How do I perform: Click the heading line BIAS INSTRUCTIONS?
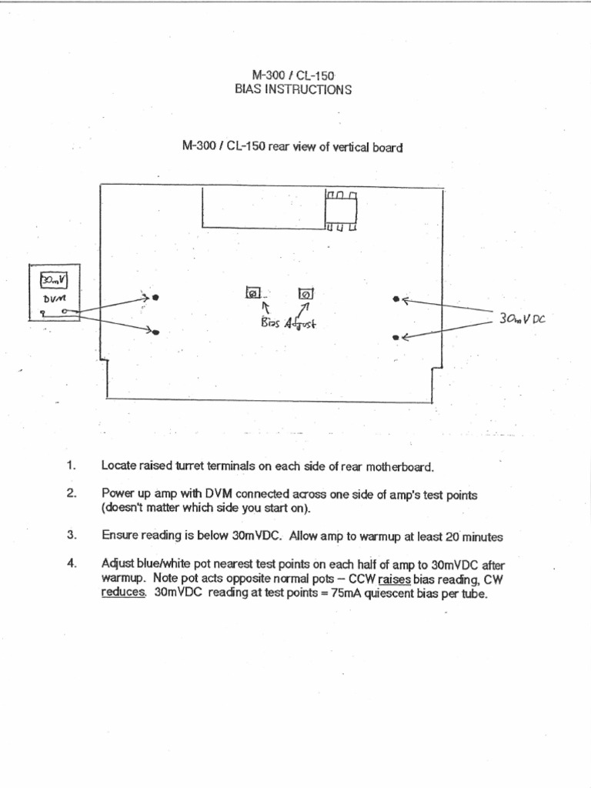point(293,89)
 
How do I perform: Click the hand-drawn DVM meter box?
point(54,292)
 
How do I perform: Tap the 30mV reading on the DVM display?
point(53,279)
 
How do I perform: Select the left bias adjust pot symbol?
point(252,293)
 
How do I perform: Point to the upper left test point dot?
point(155,298)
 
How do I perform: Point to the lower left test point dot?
point(155,332)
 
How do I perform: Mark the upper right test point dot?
point(396,299)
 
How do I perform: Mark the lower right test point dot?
point(396,337)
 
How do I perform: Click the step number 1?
point(72,466)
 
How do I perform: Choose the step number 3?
point(72,536)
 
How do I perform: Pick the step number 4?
point(72,563)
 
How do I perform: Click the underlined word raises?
point(395,578)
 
